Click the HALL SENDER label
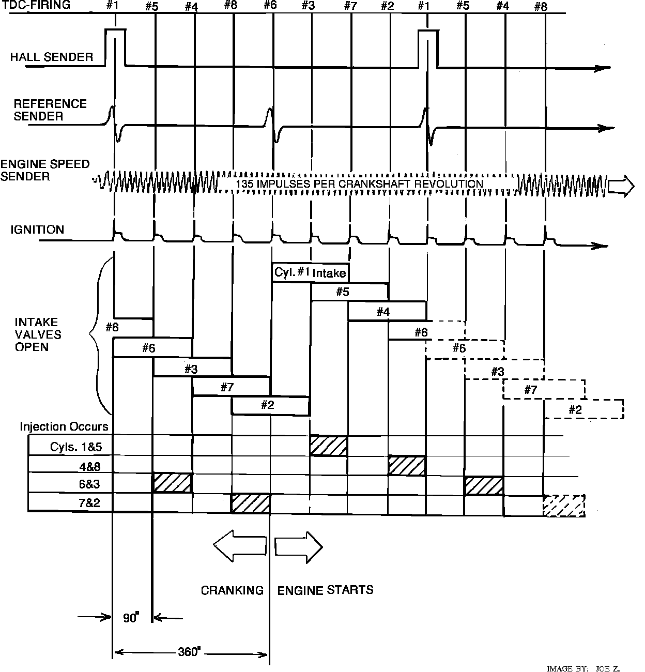[x=52, y=57]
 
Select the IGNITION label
[x=38, y=230]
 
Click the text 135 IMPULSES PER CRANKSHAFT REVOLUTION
[x=359, y=184]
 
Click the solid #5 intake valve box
[x=349, y=292]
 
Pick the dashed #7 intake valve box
[x=544, y=390]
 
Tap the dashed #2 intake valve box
[x=584, y=409]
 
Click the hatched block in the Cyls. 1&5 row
[x=329, y=446]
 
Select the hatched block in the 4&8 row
[x=407, y=466]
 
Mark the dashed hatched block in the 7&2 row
[x=564, y=505]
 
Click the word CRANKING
[x=232, y=590]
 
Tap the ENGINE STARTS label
[x=325, y=590]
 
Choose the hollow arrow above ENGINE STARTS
[x=299, y=546]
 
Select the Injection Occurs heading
[x=64, y=426]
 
